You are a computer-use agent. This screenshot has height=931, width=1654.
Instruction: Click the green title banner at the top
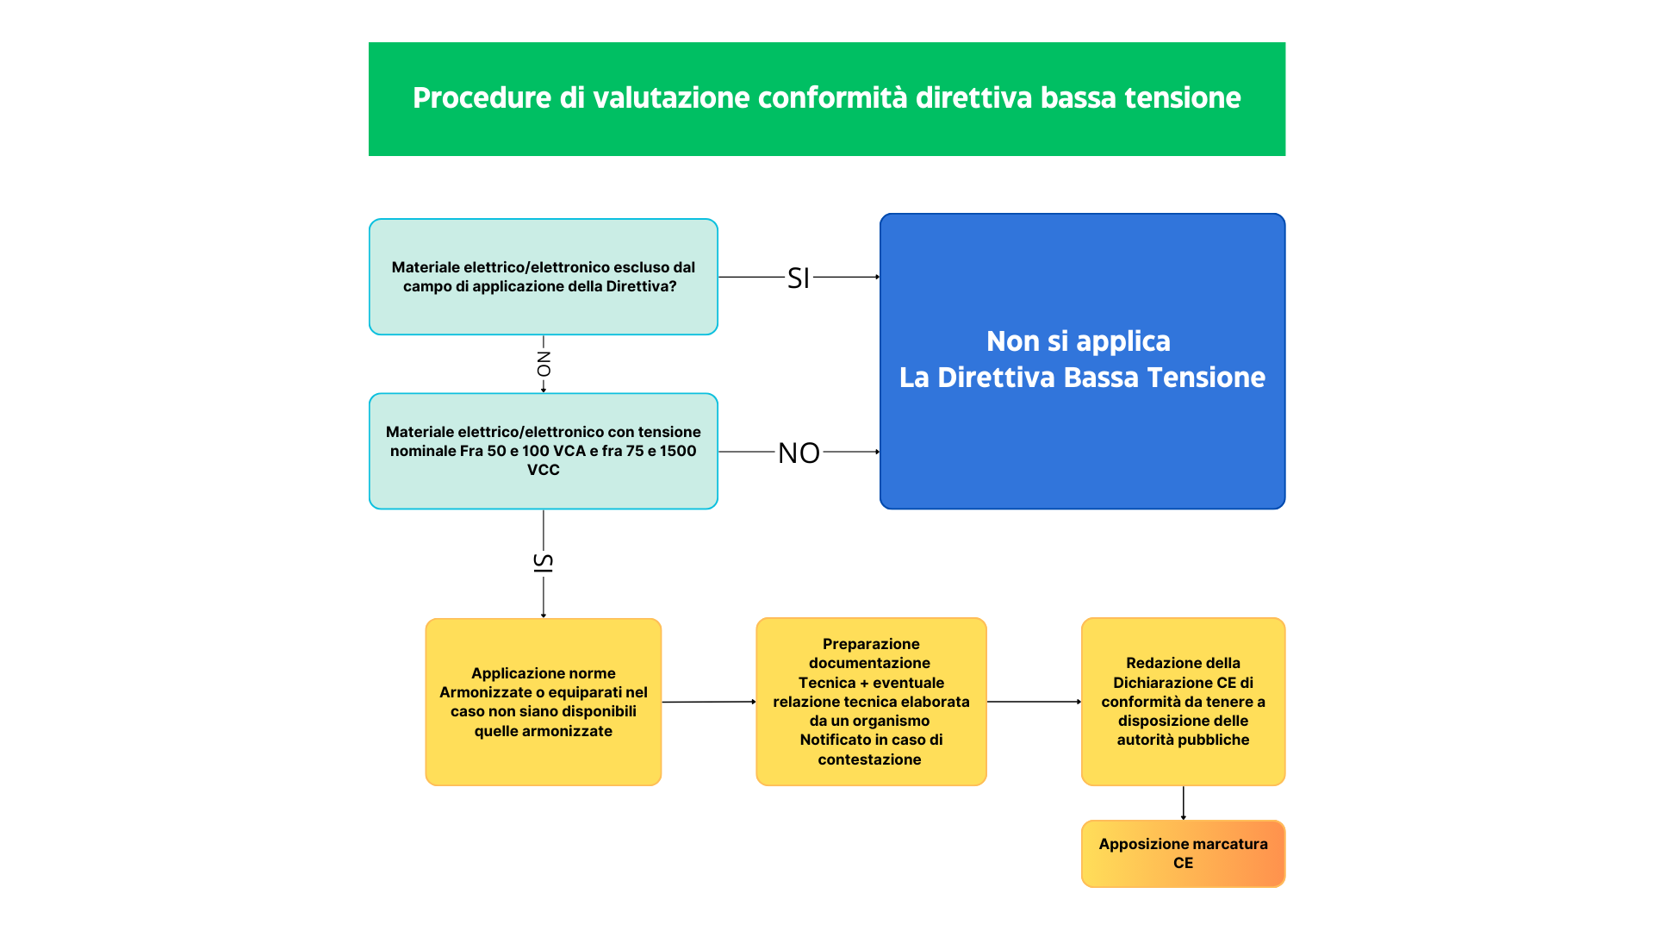click(x=827, y=99)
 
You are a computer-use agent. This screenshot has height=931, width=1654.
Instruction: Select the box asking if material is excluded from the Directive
click(x=544, y=277)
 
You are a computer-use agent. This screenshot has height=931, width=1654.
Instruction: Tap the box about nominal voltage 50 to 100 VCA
click(x=544, y=451)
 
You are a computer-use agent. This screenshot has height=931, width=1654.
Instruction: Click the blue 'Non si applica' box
click(x=1083, y=361)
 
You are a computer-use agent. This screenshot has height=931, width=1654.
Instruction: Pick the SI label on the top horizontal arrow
click(x=799, y=278)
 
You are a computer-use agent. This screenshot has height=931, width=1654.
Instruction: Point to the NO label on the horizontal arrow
click(x=799, y=453)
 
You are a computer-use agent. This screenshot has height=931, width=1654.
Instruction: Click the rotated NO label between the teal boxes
click(x=544, y=364)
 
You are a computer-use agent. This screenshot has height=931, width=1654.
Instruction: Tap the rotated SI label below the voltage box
click(x=544, y=563)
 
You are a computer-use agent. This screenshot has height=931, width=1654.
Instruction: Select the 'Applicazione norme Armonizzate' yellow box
click(x=544, y=702)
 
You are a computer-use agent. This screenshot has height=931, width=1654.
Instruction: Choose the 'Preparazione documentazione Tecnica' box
click(x=871, y=702)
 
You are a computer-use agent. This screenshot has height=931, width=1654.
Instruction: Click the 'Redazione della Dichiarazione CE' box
click(x=1184, y=702)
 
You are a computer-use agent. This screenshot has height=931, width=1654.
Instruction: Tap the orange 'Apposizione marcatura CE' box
click(x=1184, y=853)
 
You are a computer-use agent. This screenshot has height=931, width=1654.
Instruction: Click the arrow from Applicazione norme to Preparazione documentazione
click(x=709, y=702)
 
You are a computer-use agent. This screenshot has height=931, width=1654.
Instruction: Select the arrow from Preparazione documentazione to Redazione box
click(x=1034, y=702)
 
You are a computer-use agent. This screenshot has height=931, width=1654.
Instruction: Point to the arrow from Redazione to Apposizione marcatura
click(x=1184, y=803)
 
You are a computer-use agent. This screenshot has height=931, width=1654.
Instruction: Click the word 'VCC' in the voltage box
click(x=544, y=470)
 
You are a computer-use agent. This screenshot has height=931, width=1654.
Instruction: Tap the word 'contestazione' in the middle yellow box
click(x=870, y=759)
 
